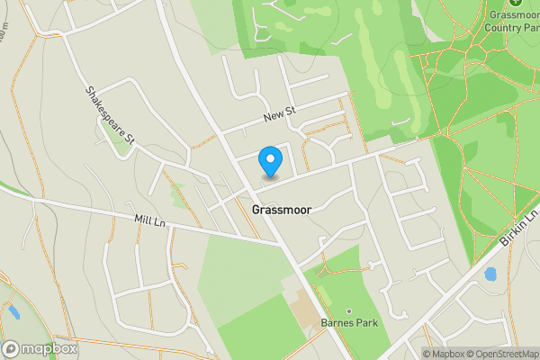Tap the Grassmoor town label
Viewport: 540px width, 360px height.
click(x=282, y=209)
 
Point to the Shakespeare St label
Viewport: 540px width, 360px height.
click(x=110, y=115)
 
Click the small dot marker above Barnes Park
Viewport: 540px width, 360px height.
click(x=350, y=310)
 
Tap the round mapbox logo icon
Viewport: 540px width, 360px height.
click(x=12, y=348)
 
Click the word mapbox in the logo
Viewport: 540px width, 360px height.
click(x=49, y=348)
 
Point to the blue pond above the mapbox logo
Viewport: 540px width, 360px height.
click(x=12, y=313)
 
